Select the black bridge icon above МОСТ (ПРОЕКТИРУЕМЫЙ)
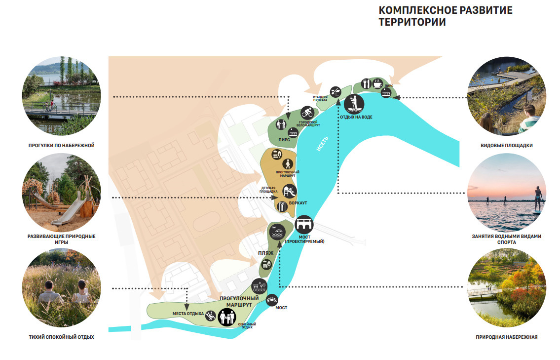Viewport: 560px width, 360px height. [304, 225]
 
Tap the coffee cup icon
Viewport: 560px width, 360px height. [378, 83]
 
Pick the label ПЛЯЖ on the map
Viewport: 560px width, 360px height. [265, 253]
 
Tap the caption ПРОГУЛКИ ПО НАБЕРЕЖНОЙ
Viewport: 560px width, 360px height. [61, 146]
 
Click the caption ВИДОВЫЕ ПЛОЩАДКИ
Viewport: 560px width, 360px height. [507, 146]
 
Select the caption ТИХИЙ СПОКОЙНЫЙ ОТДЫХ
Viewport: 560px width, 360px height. [61, 337]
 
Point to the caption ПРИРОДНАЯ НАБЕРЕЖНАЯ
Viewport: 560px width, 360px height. [507, 337]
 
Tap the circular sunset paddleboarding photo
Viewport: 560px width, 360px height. [507, 193]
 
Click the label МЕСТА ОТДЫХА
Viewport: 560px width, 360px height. [188, 314]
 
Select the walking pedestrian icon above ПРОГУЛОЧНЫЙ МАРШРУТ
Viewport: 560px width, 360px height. [288, 163]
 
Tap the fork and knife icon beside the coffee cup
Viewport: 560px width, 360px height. [366, 83]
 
